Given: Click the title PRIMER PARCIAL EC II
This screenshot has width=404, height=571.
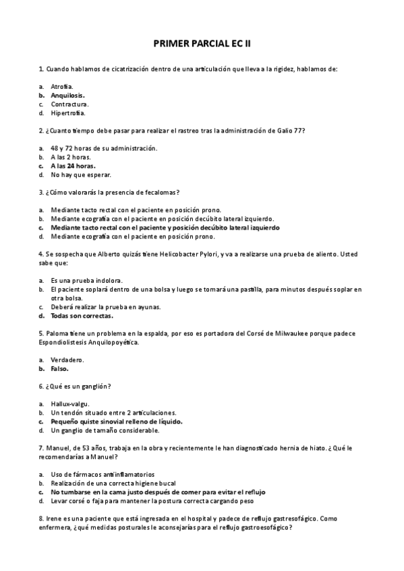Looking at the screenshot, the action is [202, 43].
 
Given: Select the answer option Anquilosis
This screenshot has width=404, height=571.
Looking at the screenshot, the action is [67, 96].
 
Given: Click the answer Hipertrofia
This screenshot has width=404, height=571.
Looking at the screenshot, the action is [68, 113].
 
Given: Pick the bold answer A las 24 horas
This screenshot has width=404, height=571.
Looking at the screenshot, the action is [73, 166].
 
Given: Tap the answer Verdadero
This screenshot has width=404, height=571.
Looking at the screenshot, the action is [67, 360].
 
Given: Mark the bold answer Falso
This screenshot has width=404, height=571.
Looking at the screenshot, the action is [60, 368].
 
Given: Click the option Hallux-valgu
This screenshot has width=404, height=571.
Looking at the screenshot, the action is [70, 403].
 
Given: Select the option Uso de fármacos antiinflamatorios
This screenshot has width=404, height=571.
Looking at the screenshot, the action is [103, 474].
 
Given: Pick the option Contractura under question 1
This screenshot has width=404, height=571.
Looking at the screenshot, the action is [69, 104].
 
